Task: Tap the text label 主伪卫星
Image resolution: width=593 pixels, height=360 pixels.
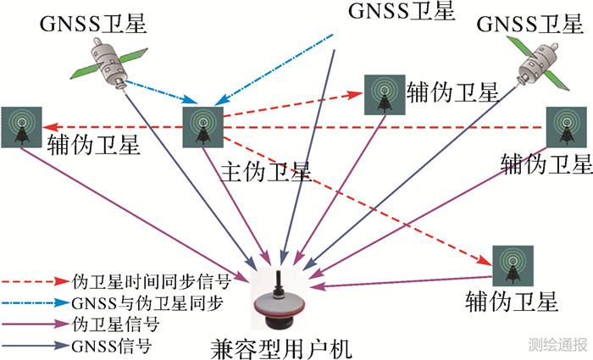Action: [265, 172]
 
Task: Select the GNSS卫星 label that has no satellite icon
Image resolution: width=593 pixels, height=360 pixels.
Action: [401, 11]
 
